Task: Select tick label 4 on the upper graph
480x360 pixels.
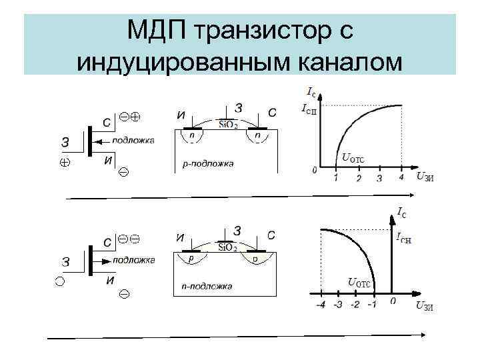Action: point(401,178)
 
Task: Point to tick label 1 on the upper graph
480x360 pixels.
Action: point(335,178)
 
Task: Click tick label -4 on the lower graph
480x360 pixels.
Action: point(321,305)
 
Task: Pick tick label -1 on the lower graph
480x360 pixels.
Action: point(371,305)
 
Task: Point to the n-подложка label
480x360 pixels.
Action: point(207,286)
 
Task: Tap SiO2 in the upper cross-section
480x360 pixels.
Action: point(229,125)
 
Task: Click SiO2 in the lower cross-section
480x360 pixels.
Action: point(229,247)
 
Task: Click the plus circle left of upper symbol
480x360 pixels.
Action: point(65,161)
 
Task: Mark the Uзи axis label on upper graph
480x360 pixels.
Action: point(424,176)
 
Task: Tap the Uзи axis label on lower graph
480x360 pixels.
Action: point(424,306)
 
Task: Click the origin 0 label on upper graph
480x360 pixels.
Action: point(314,171)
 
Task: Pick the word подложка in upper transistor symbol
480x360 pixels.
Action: point(133,140)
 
